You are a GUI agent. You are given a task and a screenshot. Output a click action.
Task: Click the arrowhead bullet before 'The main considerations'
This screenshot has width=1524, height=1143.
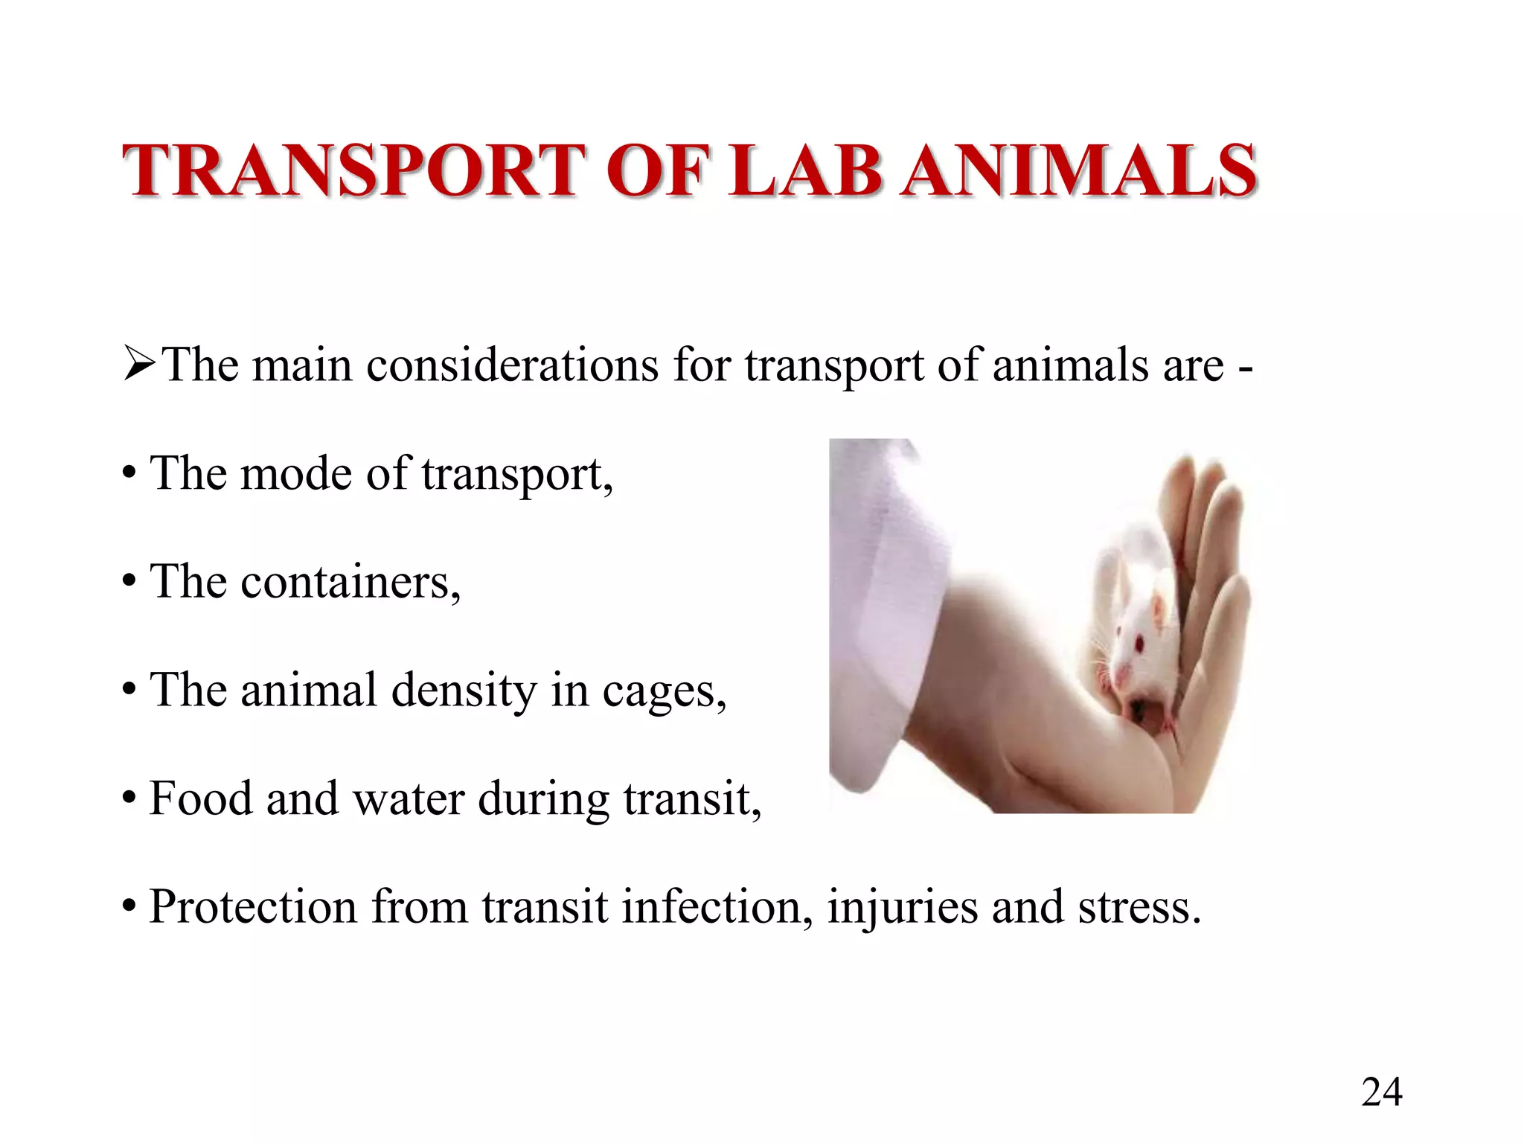point(139,365)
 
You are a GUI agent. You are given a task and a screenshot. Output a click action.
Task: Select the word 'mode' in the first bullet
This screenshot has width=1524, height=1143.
point(296,473)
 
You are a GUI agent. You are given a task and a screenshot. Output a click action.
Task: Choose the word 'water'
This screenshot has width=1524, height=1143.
point(408,798)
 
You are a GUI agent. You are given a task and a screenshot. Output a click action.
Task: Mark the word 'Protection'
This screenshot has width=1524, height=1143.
point(253,907)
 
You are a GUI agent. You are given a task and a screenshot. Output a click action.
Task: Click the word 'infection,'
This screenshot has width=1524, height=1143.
point(717,907)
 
